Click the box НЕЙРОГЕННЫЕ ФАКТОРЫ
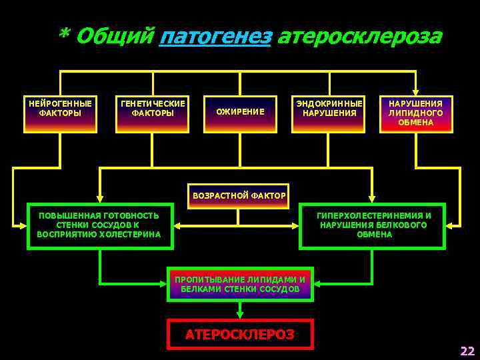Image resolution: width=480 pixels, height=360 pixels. pyautogui.click(x=61, y=113)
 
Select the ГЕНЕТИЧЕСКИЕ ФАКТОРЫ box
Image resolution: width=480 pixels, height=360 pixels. pyautogui.click(x=153, y=113)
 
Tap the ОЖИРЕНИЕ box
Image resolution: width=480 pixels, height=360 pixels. pyautogui.click(x=240, y=111)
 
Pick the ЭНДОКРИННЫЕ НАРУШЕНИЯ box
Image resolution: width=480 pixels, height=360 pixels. pyautogui.click(x=329, y=113)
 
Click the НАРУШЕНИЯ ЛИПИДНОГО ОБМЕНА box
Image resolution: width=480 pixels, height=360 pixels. pyautogui.click(x=415, y=113)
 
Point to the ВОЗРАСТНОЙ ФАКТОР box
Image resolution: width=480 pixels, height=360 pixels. pyautogui.click(x=239, y=196)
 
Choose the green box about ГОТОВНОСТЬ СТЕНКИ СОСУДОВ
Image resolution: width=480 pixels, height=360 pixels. pyautogui.click(x=99, y=225)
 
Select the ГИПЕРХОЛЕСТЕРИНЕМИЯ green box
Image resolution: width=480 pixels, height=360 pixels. pyautogui.click(x=373, y=225)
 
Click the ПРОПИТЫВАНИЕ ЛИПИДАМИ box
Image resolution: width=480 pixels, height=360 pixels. pyautogui.click(x=240, y=284)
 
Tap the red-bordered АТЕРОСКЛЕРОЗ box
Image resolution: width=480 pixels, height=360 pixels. pyautogui.click(x=240, y=334)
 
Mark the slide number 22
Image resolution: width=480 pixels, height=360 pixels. pyautogui.click(x=467, y=351)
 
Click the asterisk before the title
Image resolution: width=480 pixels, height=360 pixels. pyautogui.click(x=65, y=35)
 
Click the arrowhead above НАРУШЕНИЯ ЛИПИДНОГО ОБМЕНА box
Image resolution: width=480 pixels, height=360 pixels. pyautogui.click(x=415, y=92)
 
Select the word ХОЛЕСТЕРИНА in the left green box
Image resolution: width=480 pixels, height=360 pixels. pyautogui.click(x=132, y=235)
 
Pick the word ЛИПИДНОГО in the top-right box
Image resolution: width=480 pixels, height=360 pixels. pyautogui.click(x=415, y=113)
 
